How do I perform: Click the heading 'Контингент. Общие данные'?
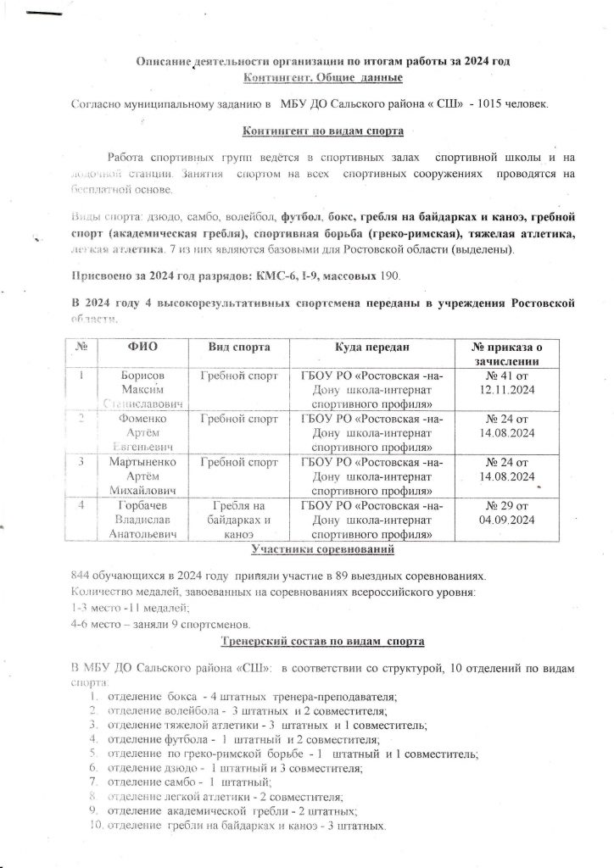pyautogui.click(x=323, y=78)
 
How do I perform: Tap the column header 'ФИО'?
pyautogui.click(x=142, y=348)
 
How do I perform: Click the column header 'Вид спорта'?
pyautogui.click(x=240, y=348)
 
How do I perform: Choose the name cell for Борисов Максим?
pyautogui.click(x=142, y=388)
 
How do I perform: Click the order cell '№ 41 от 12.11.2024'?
pyautogui.click(x=506, y=381)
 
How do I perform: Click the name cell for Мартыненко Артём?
pyautogui.click(x=142, y=476)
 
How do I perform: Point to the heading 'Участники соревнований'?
pyautogui.click(x=323, y=551)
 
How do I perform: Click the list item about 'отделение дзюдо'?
pyautogui.click(x=236, y=767)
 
